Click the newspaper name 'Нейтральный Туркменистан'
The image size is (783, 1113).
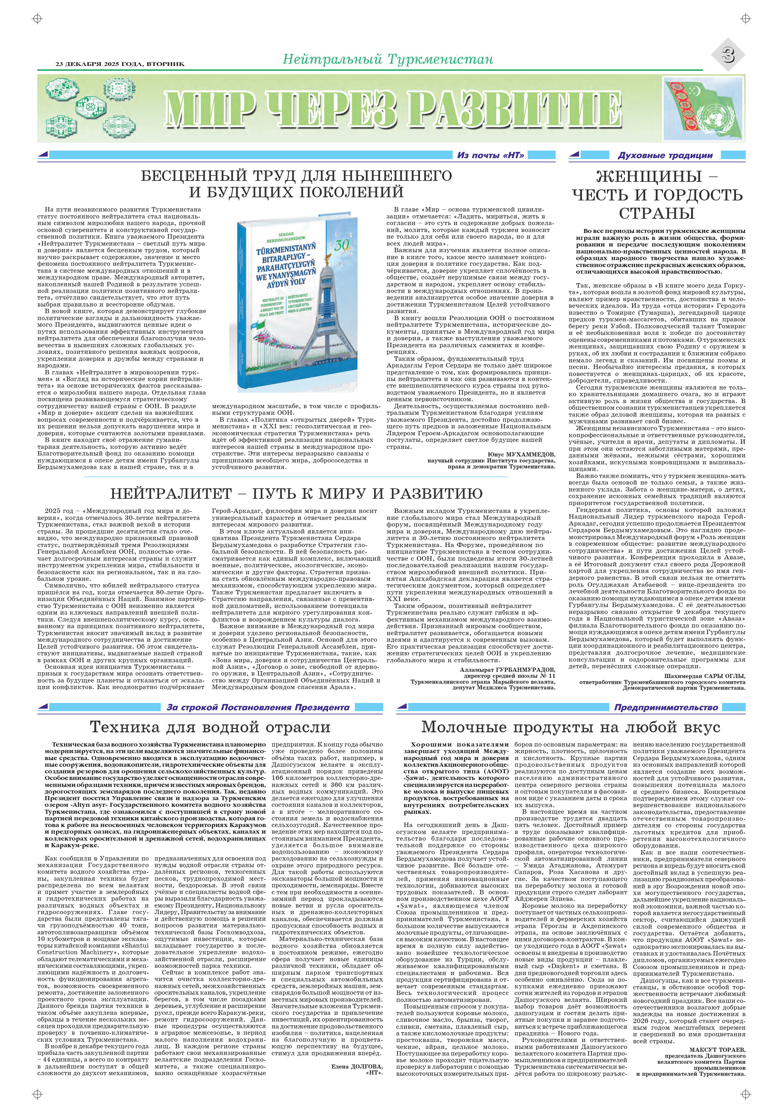(x=388, y=59)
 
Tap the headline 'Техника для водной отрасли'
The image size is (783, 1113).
(x=210, y=727)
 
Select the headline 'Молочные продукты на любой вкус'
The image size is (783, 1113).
(x=571, y=727)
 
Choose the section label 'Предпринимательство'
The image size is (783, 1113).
(x=666, y=707)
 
